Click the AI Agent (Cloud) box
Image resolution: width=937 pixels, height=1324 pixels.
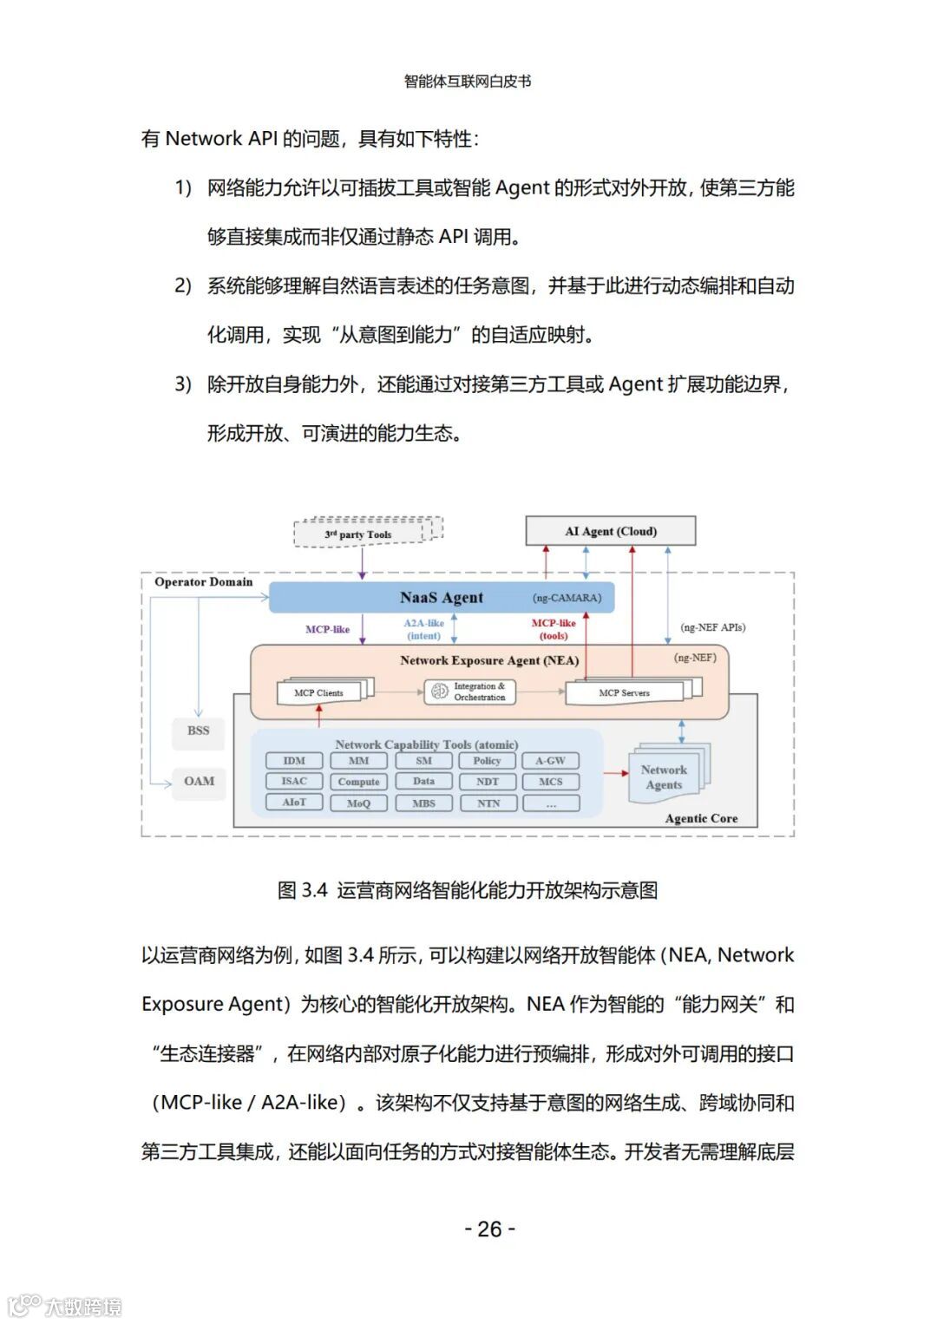pos(611,531)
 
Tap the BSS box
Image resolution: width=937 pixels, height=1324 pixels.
pos(199,731)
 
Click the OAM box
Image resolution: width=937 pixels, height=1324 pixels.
pos(199,781)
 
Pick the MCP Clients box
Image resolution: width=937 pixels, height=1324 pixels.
pos(319,692)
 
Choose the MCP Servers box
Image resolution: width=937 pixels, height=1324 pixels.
pos(625,692)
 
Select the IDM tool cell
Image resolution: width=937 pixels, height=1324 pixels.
pos(294,761)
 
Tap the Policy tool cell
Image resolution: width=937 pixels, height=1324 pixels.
pos(487,761)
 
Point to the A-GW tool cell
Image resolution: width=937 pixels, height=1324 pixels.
pos(550,761)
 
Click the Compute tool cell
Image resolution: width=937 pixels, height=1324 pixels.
pos(358,782)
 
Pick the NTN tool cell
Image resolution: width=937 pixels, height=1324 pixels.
pos(488,803)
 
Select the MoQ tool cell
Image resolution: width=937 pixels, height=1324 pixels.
pos(358,803)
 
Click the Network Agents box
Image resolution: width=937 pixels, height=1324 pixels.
pos(664,777)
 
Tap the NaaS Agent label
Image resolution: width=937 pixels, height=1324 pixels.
pos(442,598)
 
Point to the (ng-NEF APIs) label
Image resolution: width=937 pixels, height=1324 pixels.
pos(713,627)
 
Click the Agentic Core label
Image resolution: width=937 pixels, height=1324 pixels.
pos(701,818)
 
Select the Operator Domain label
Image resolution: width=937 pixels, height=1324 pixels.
pos(204,582)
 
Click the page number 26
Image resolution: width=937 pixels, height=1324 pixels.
pos(489,1229)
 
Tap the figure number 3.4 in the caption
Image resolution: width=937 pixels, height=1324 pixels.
pos(314,890)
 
